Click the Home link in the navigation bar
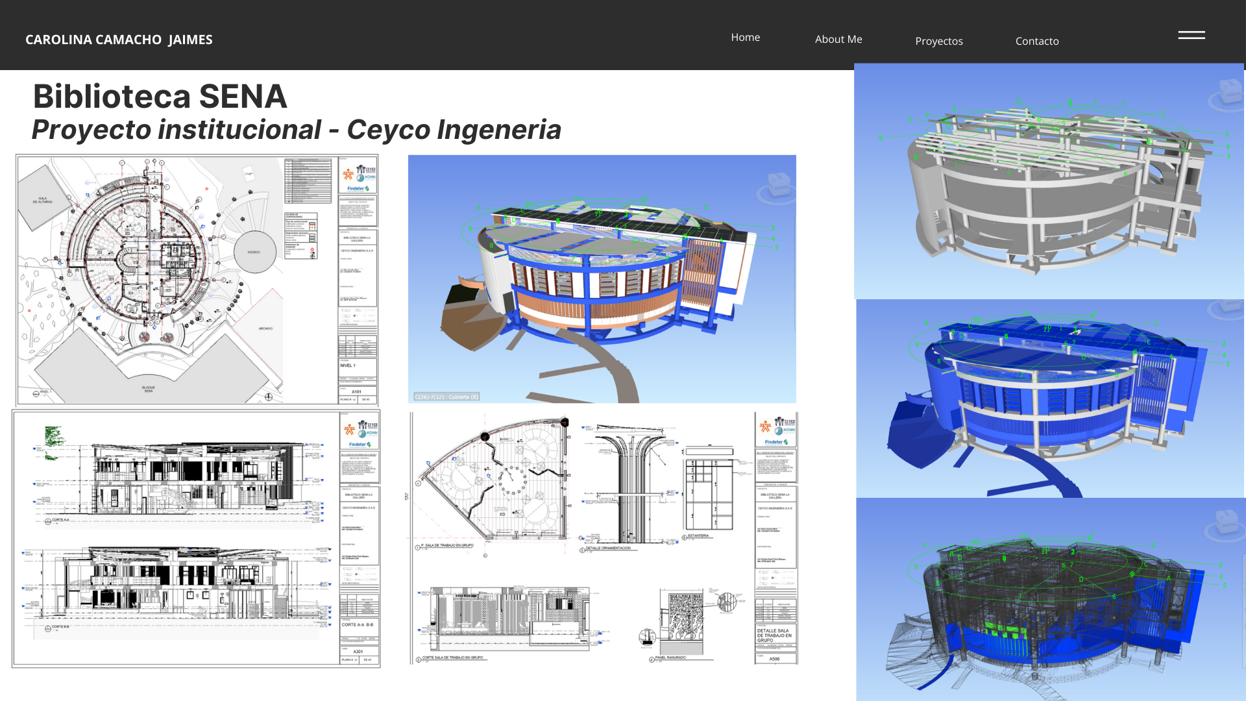(745, 38)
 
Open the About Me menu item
(838, 40)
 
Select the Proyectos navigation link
(938, 42)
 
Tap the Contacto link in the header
(1036, 42)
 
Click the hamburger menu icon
(1191, 35)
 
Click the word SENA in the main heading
(243, 97)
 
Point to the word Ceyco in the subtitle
(388, 130)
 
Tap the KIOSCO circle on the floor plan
(254, 252)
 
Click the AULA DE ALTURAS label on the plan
(43, 200)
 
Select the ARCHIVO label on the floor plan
(265, 328)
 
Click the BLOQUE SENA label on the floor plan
(149, 389)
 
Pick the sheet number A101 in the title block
(357, 392)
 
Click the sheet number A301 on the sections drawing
(358, 652)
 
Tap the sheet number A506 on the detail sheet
(774, 659)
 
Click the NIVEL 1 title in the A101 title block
(348, 365)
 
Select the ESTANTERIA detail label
(698, 536)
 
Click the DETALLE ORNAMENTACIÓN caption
(607, 548)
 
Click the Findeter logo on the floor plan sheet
(358, 188)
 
